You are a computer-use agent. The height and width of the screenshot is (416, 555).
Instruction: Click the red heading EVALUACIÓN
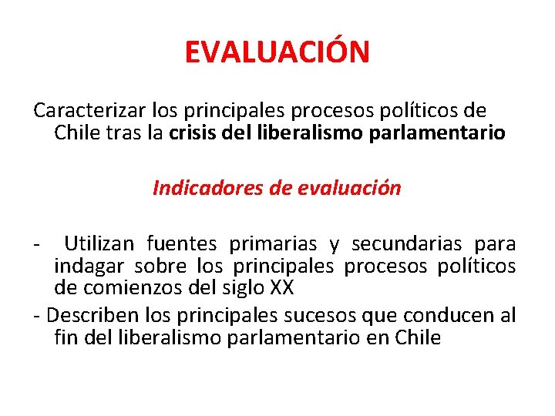[x=277, y=52]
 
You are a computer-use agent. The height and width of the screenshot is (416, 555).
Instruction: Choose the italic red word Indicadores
[x=200, y=188]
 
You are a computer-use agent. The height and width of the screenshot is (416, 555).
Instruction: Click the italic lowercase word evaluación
[x=354, y=188]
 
